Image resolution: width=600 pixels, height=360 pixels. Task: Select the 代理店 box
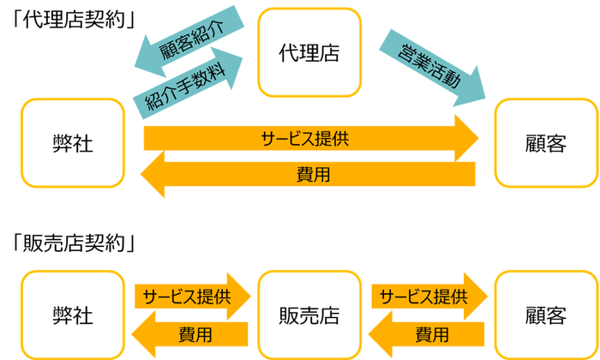(x=309, y=52)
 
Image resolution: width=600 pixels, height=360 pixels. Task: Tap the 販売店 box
(x=309, y=315)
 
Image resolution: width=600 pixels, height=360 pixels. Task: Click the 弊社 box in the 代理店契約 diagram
(x=73, y=144)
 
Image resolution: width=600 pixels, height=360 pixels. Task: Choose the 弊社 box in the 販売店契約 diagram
(x=73, y=315)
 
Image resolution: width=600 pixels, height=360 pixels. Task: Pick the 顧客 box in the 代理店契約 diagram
(x=546, y=144)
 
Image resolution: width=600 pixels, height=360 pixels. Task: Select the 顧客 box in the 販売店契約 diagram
(x=546, y=315)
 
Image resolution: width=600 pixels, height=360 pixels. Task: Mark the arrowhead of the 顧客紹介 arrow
(x=146, y=58)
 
